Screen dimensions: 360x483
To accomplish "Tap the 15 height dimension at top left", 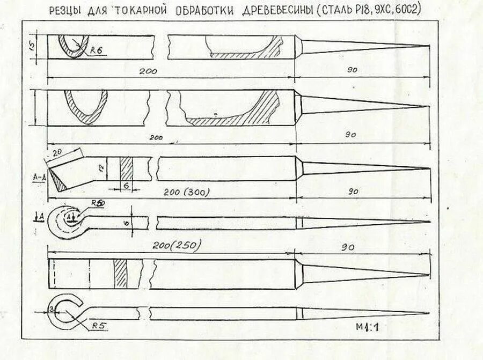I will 32,47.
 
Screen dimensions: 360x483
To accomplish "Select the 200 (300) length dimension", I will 186,192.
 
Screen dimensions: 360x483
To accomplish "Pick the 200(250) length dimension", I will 176,245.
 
